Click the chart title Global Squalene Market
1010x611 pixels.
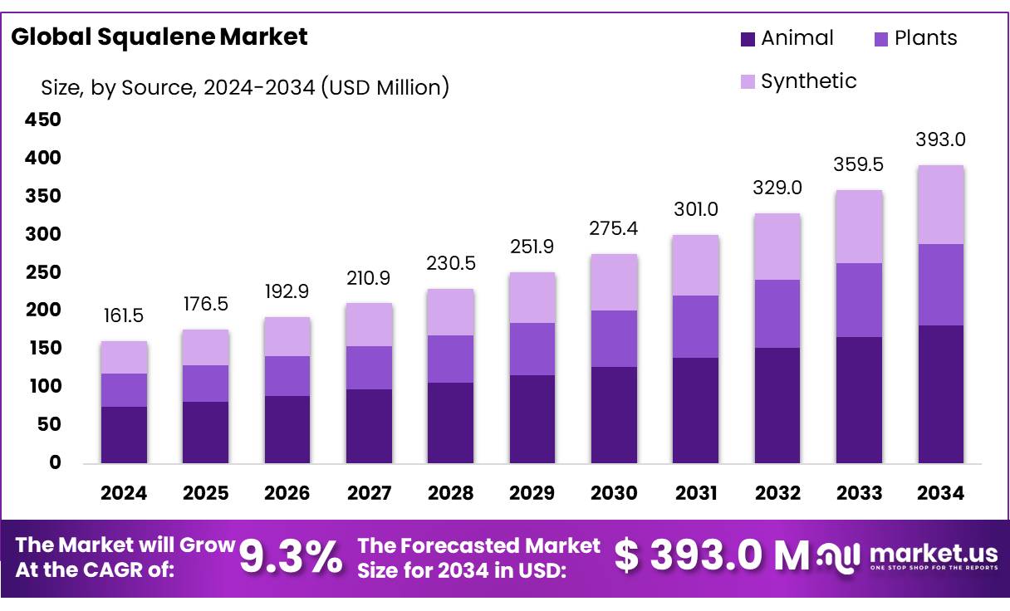pos(159,37)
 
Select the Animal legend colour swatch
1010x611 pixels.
pos(747,38)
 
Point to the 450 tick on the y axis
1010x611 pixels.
pos(42,120)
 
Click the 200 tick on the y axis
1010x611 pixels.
pos(42,310)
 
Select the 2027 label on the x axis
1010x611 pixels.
pos(369,493)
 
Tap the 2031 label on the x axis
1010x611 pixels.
pos(696,493)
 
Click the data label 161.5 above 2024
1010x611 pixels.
pos(124,315)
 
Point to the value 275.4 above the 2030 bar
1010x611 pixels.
pos(614,228)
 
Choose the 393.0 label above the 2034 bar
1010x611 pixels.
pos(941,139)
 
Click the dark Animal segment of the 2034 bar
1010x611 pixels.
pos(941,393)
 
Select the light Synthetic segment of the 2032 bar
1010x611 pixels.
pos(777,247)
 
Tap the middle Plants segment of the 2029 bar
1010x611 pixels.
pos(532,349)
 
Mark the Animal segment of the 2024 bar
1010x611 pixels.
pos(124,434)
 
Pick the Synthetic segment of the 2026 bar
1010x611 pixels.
pos(287,336)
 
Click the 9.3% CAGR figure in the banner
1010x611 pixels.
pos(291,557)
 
